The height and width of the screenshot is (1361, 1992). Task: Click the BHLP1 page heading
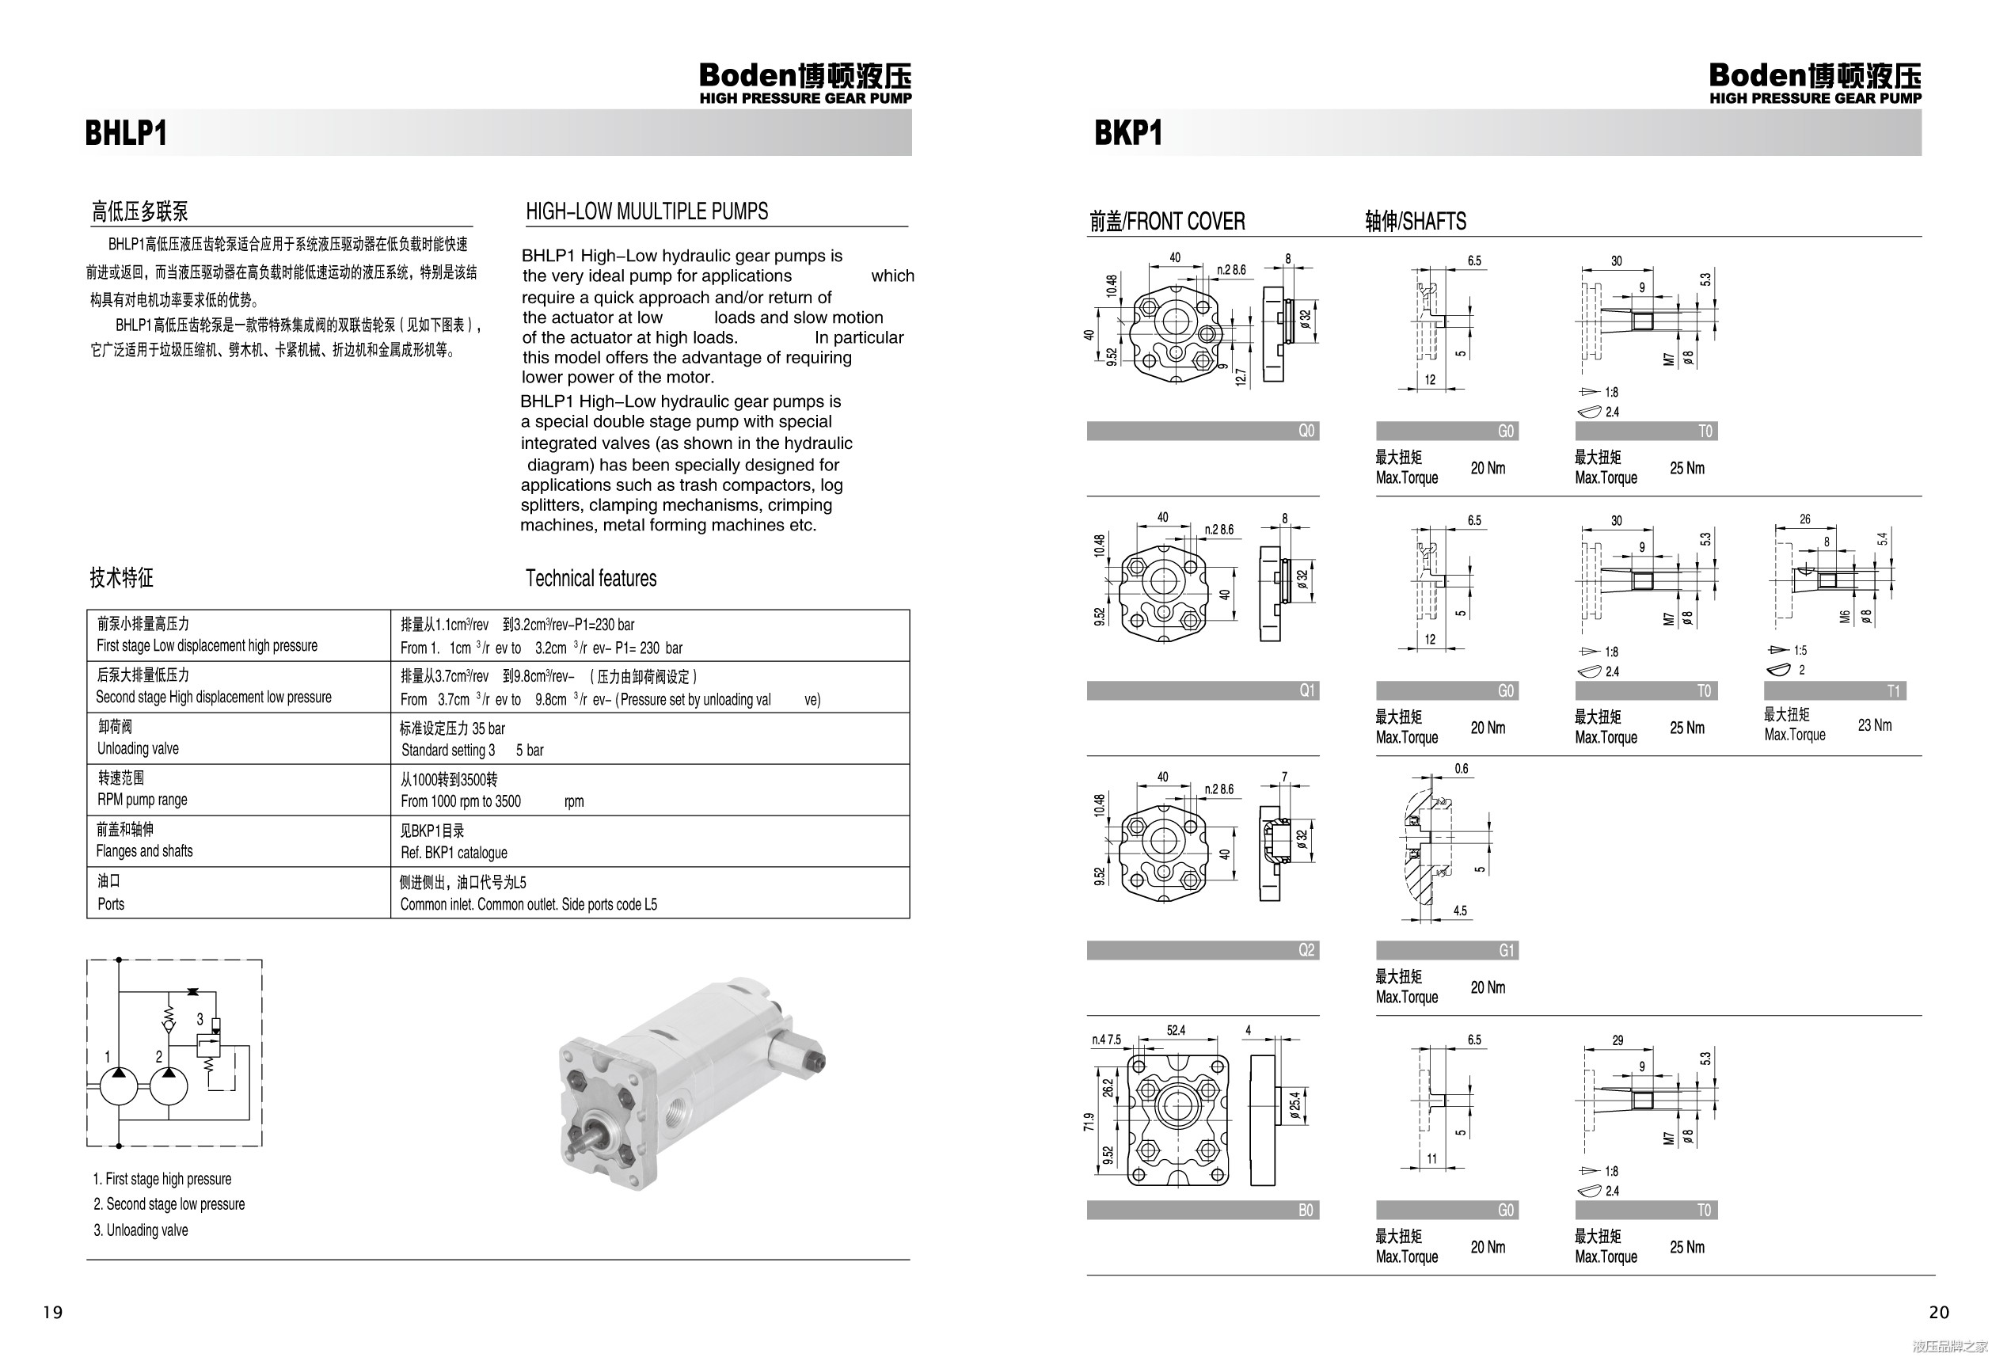pos(126,134)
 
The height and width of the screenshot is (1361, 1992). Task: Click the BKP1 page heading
pos(1128,134)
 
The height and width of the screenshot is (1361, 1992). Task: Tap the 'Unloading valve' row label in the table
pos(138,748)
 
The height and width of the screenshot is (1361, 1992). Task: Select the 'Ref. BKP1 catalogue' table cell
pos(454,853)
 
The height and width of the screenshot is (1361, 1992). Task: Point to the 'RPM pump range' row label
pos(143,800)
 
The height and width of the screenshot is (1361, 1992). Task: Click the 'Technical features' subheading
pos(591,579)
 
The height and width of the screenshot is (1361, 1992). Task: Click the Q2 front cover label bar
pos(1203,949)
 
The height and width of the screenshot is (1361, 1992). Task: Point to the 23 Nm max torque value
pos(1875,725)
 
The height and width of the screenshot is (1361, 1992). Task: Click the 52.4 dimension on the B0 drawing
pos(1176,1030)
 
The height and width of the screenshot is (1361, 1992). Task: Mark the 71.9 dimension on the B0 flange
pos(1089,1122)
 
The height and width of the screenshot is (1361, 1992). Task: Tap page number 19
pos(53,1312)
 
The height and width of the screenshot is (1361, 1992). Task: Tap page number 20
pos(1939,1312)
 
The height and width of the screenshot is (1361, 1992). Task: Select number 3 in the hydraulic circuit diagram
pos(200,1019)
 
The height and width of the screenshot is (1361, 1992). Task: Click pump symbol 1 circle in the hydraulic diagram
pos(118,1087)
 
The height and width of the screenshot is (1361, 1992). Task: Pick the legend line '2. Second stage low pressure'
pos(169,1204)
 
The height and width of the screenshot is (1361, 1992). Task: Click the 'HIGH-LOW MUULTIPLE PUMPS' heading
pos(646,211)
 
